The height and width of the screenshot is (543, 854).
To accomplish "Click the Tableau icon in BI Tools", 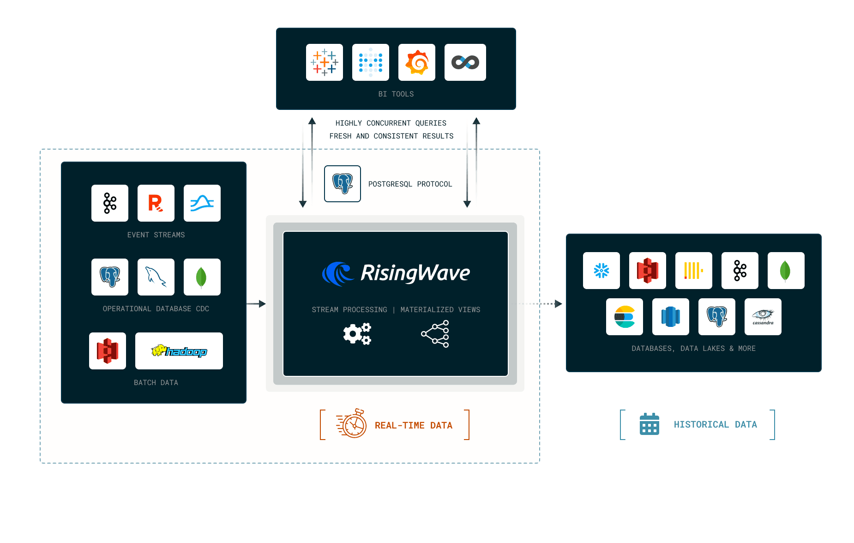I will [325, 62].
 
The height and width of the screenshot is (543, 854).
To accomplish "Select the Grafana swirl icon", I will [417, 62].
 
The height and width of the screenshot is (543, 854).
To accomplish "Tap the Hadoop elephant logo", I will [179, 351].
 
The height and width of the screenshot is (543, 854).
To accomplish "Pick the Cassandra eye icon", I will [763, 317].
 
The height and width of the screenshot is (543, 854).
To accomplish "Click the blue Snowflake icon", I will [601, 271].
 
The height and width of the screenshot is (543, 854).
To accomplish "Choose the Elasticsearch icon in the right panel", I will [625, 317].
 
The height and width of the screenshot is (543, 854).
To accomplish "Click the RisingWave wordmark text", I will [415, 273].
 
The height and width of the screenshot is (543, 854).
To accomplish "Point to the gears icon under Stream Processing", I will [357, 334].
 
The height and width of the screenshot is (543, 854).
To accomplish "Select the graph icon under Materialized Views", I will [435, 334].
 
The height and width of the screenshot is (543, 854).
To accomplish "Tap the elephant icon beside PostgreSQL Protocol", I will [343, 184].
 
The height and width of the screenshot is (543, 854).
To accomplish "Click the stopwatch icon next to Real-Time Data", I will [352, 423].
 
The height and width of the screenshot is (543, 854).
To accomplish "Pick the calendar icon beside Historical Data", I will [650, 424].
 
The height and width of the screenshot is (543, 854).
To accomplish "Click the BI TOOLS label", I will [396, 94].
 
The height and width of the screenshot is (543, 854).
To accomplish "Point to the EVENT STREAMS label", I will [156, 235].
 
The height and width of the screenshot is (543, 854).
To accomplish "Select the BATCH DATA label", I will [156, 383].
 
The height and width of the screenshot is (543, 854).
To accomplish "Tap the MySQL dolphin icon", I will [156, 277].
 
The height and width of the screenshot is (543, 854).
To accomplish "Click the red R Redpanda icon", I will [156, 203].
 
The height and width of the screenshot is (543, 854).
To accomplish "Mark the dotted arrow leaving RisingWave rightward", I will [538, 304].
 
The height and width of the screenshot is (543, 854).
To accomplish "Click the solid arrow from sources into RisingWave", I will [256, 304].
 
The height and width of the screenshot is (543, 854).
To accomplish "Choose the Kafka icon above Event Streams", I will [110, 203].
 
